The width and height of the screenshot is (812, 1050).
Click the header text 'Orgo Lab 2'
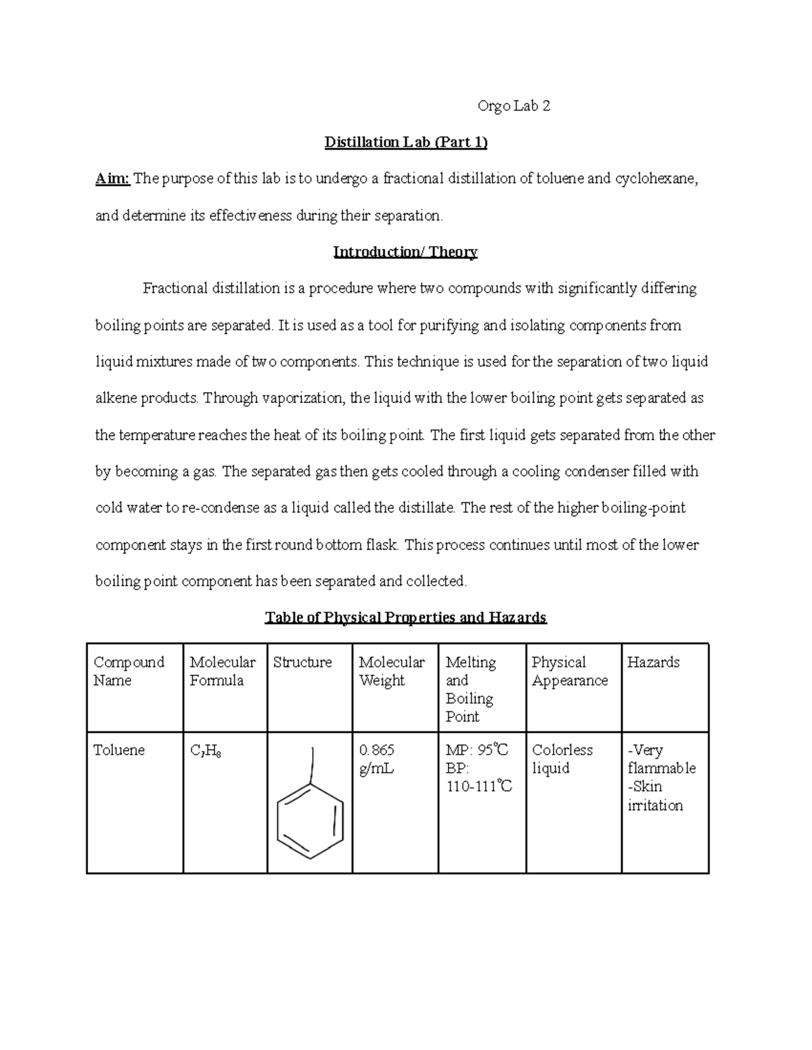514,106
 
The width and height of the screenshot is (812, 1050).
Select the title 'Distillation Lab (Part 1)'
405,143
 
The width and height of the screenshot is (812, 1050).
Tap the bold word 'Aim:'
112,179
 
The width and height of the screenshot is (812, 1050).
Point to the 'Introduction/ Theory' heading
405,252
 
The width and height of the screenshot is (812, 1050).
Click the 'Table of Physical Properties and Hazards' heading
405,617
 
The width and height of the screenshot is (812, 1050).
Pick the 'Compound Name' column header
129,671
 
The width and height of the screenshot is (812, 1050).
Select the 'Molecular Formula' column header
223,671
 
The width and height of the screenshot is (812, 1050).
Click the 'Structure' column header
302,663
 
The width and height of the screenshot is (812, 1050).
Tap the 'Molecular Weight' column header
391,671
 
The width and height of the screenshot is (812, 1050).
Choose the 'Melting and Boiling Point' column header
470,689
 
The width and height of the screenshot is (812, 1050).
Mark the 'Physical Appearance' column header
570,671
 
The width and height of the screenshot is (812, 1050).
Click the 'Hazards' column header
653,663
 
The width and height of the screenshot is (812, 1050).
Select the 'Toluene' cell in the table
119,750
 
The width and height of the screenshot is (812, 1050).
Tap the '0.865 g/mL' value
377,759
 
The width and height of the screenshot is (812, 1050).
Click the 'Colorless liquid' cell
562,759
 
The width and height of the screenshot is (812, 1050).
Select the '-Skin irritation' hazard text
654,796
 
